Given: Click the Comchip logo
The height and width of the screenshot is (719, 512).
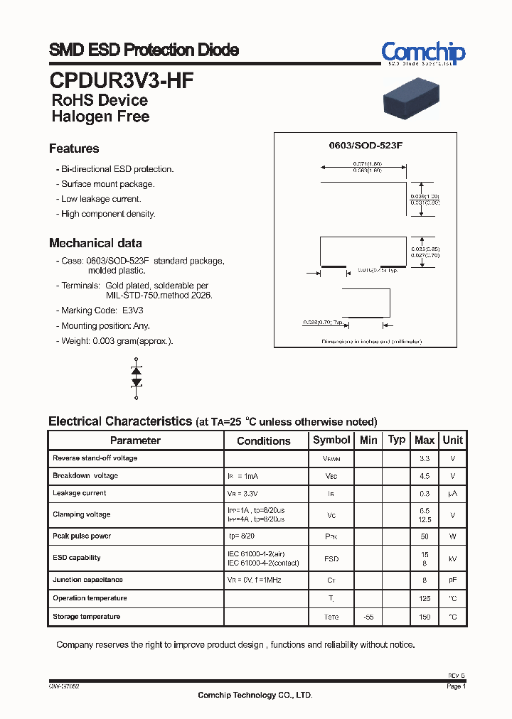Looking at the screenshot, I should tap(422, 53).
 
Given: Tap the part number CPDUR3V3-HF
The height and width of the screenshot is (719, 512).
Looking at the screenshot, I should tap(121, 80).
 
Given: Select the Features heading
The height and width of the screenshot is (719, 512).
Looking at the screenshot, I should tap(74, 148).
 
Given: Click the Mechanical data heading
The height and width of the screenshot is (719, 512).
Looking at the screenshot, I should tap(95, 243).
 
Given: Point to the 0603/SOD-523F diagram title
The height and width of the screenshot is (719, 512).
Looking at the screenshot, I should tap(366, 145).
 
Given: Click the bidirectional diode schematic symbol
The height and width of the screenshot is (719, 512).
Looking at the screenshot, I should tap(137, 377).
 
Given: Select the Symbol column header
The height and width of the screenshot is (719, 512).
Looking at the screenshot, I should tap(331, 440).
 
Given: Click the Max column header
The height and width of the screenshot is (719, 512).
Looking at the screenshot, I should tap(425, 440).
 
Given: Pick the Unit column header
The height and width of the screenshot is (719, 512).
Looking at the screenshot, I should tap(453, 440).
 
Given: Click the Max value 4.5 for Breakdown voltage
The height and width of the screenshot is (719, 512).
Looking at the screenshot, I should tap(425, 476).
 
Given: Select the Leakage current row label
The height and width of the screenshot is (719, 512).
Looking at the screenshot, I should tap(80, 493).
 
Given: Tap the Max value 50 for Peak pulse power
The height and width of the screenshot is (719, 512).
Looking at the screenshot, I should tap(425, 536).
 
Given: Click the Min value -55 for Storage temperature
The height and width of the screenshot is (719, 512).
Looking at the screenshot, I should tap(368, 617).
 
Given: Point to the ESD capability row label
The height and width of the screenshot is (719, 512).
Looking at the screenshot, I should tap(77, 558).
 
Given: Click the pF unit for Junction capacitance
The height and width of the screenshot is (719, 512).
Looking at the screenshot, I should tap(453, 580).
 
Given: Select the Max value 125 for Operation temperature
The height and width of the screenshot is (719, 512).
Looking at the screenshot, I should tap(425, 599).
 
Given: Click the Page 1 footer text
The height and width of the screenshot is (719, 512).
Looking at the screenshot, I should tap(456, 687).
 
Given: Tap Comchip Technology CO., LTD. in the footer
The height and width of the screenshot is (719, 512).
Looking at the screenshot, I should tap(255, 695).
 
